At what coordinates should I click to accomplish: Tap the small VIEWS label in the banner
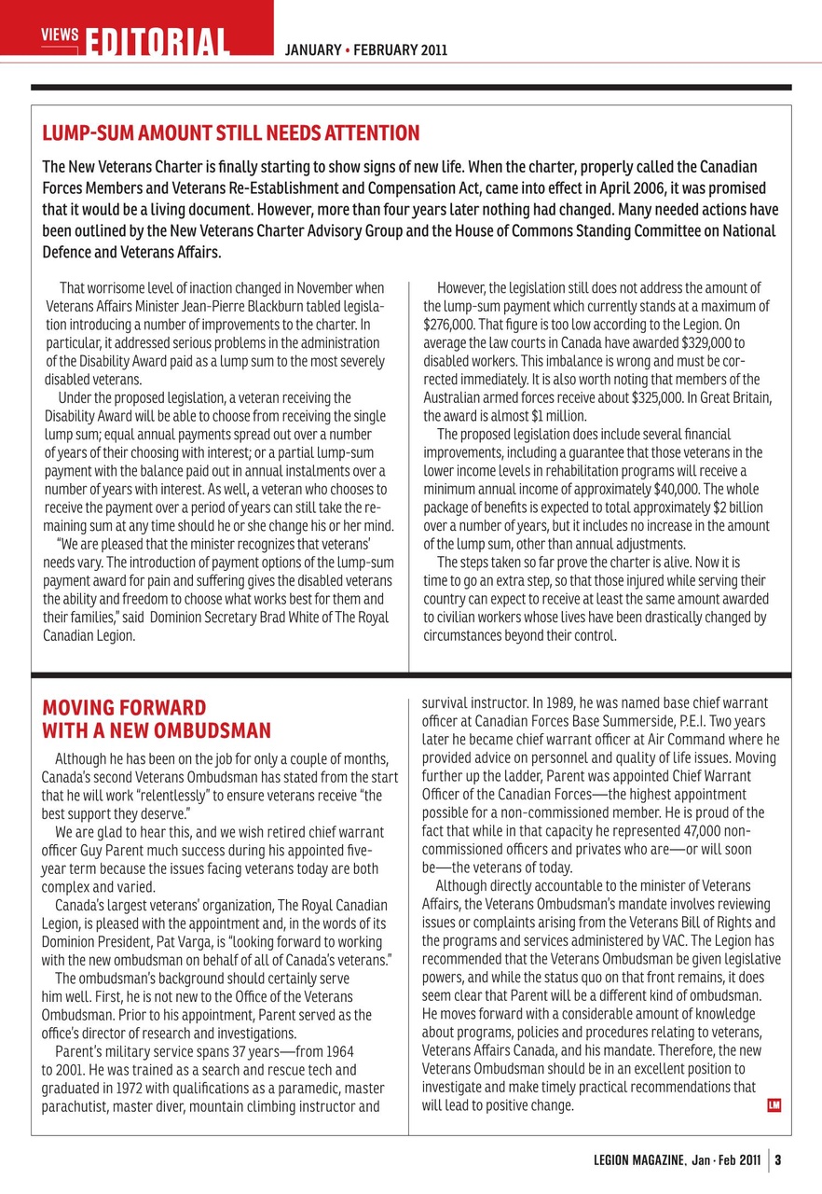[59, 35]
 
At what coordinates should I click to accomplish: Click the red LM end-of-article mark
[773, 1105]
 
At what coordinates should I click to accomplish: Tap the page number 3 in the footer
[777, 1161]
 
